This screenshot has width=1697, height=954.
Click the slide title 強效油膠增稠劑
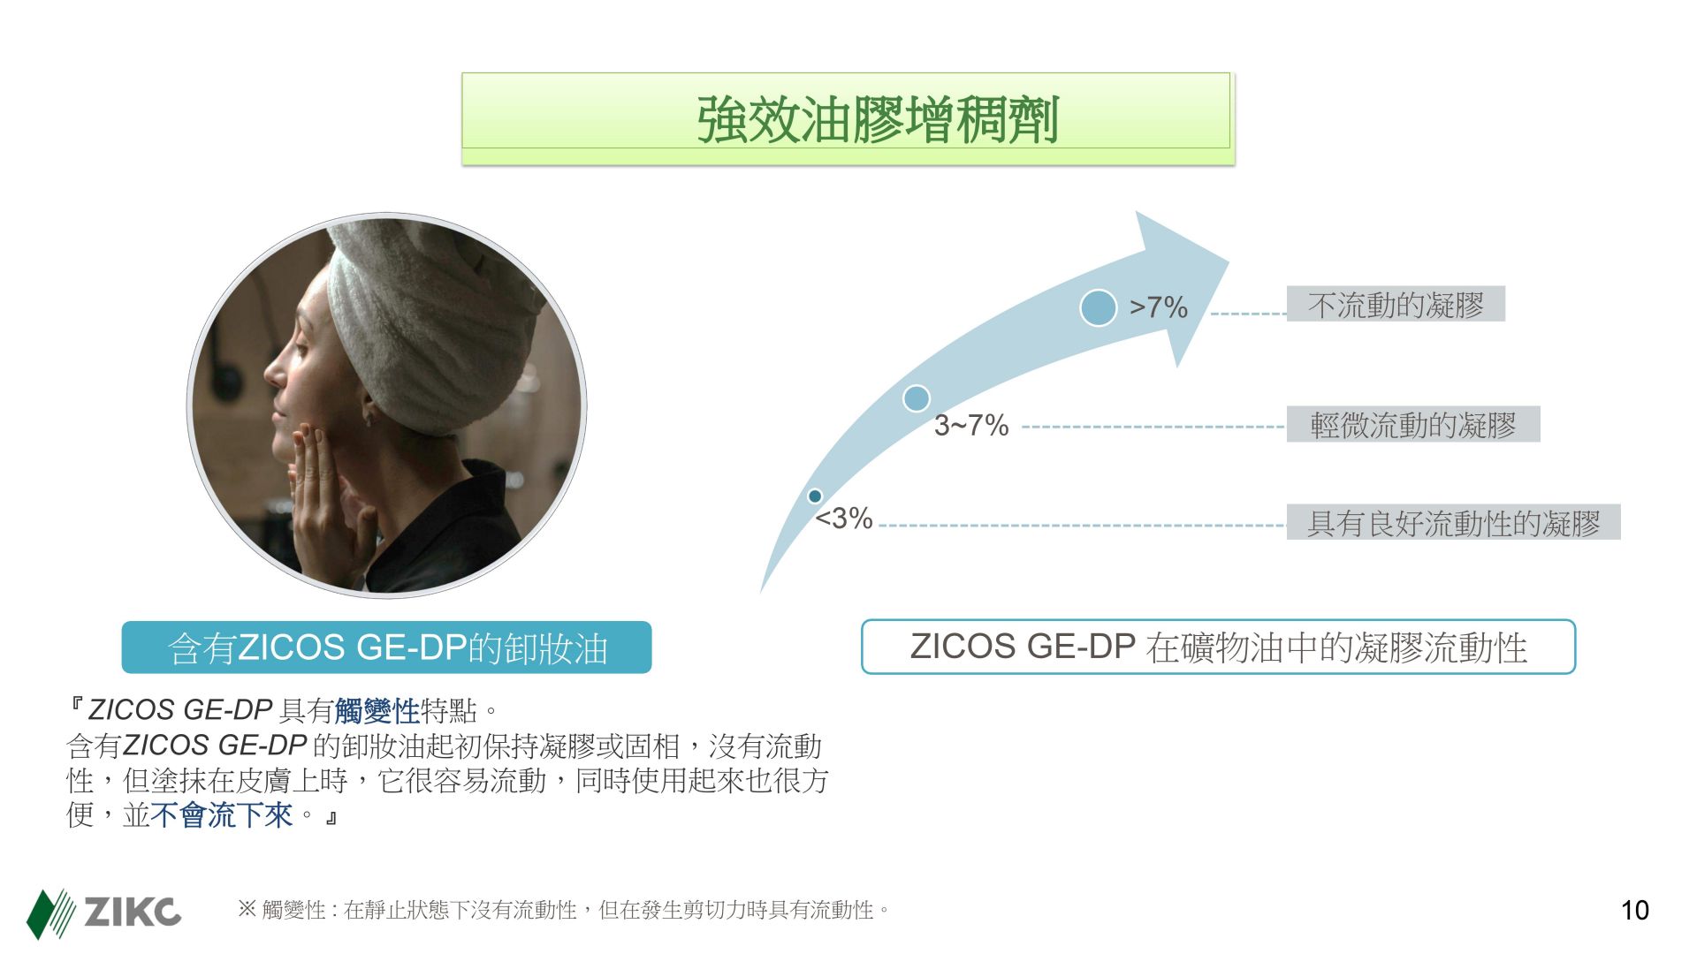(x=878, y=119)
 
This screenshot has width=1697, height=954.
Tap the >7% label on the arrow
(x=1158, y=307)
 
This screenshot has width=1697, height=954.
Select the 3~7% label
(x=971, y=426)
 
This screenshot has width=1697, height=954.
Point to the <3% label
(x=844, y=519)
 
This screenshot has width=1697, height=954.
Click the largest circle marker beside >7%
(x=1099, y=307)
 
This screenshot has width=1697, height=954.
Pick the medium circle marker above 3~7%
(x=917, y=398)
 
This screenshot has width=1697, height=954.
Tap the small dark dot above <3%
(x=815, y=496)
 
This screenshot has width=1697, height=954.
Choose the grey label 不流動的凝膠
(x=1396, y=305)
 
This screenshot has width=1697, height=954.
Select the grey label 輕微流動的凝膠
(x=1413, y=425)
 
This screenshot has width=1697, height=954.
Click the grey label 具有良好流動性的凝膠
(x=1453, y=523)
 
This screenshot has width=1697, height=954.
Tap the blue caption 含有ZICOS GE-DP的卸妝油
(x=387, y=647)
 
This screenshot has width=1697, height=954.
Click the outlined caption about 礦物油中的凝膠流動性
(x=1219, y=647)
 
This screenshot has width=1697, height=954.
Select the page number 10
(x=1634, y=911)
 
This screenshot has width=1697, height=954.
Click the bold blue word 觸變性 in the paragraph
(x=377, y=710)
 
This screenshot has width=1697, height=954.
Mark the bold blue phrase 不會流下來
(x=222, y=814)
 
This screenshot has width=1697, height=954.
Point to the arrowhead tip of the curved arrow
(x=1229, y=261)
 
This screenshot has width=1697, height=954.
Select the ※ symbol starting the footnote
(x=247, y=909)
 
